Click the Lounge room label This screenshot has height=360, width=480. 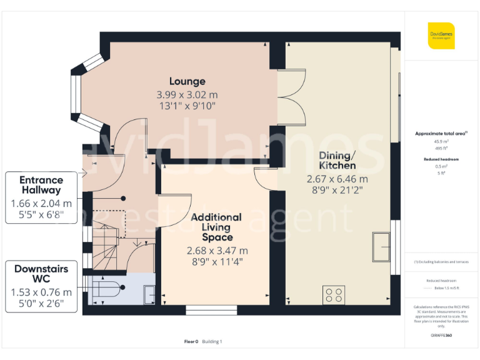coord(187,81)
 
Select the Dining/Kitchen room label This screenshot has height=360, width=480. coord(337,161)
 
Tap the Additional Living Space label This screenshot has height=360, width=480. coord(217,227)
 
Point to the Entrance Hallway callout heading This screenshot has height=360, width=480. coord(41,185)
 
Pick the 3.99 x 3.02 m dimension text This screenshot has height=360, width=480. coord(187,95)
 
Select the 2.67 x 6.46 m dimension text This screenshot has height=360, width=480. coord(337,179)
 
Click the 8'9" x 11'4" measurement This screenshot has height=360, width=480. coord(217,262)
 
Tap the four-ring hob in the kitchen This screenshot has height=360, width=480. coord(332,294)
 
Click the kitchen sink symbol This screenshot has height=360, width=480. coord(381,246)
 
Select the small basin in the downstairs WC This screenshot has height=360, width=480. coord(149,294)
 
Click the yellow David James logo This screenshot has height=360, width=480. coord(441,36)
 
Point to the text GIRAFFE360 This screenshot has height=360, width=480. coord(441,336)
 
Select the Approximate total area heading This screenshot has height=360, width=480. coord(441,134)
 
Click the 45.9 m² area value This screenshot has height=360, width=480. coord(441,141)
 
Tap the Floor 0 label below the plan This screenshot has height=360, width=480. coord(191,342)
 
